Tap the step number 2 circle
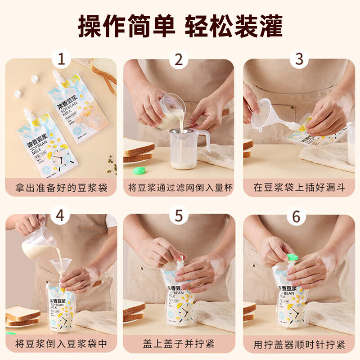(x=179, y=59)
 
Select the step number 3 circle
(x=299, y=59)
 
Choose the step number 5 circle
(x=179, y=216)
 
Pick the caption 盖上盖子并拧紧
(x=179, y=344)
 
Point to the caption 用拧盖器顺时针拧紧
(x=299, y=344)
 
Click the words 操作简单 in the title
(x=126, y=26)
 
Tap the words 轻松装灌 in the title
(x=234, y=26)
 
